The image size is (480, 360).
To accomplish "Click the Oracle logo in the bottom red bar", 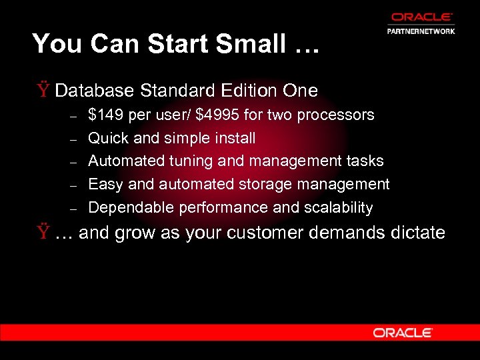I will click(403, 332).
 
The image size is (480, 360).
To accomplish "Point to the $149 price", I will click(106, 115).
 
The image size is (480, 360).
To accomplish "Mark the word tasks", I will click(365, 161).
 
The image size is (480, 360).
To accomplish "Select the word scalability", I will click(338, 207).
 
